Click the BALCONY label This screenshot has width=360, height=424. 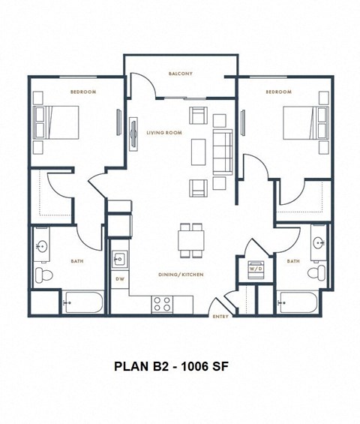[x=181, y=74]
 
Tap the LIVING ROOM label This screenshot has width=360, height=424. [x=164, y=132]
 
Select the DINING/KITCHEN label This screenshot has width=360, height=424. [x=181, y=275]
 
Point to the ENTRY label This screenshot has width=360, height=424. [x=221, y=317]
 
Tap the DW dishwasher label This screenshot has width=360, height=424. [x=118, y=278]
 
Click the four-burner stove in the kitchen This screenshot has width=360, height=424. [x=162, y=303]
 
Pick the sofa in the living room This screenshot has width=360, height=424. [x=223, y=149]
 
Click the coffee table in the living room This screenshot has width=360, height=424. [x=198, y=150]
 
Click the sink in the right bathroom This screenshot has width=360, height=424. [x=319, y=243]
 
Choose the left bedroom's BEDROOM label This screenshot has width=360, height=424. [x=82, y=92]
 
